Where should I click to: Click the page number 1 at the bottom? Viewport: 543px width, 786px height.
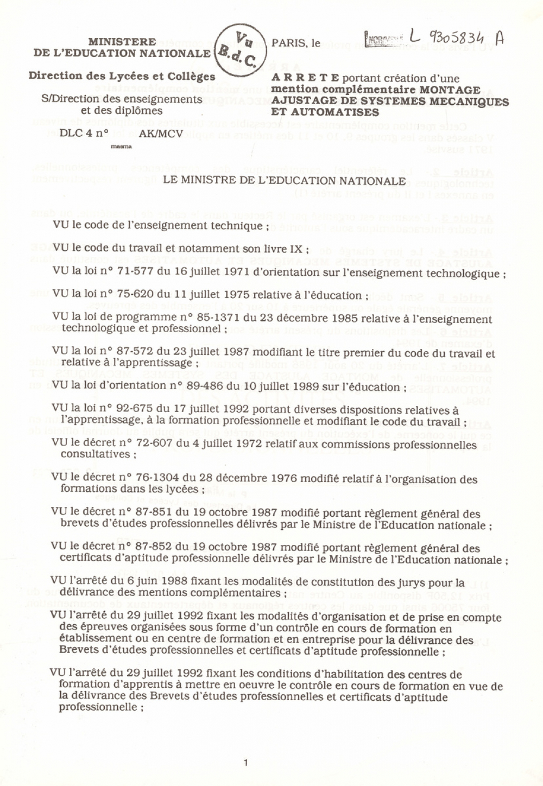(x=246, y=763)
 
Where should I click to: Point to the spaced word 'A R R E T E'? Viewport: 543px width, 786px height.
(x=305, y=78)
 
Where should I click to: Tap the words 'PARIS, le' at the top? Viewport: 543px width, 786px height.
(x=296, y=43)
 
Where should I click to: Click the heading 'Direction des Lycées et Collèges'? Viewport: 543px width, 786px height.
(x=122, y=76)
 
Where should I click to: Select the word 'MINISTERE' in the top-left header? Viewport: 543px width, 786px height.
(x=122, y=41)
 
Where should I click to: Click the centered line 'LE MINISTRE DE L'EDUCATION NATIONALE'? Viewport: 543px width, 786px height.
(x=284, y=181)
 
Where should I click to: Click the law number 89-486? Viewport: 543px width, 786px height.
(x=204, y=386)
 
